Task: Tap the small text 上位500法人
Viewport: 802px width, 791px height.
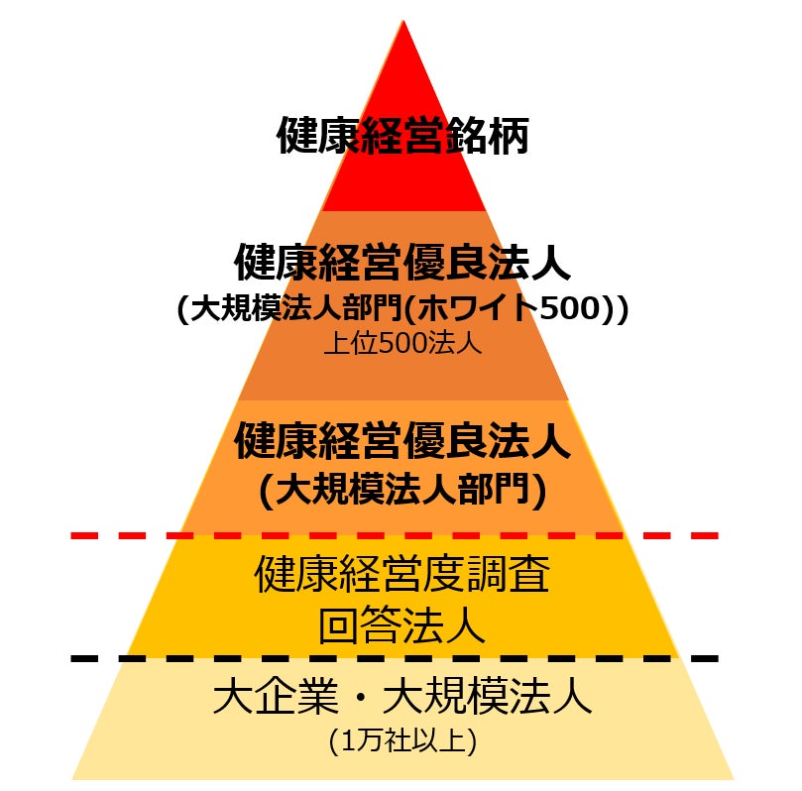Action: click(402, 344)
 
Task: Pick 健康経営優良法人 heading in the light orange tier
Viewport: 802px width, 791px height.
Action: click(402, 441)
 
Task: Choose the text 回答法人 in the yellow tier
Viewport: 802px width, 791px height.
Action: click(402, 626)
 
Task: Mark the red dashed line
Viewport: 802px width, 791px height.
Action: click(397, 535)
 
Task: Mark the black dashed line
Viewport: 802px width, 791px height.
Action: click(397, 658)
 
